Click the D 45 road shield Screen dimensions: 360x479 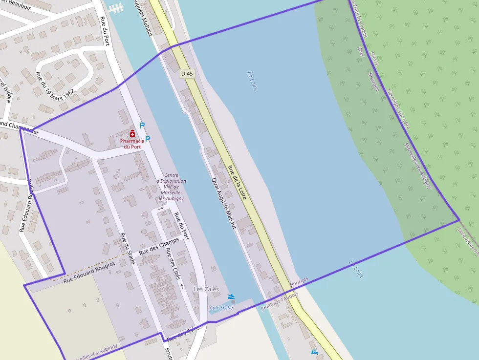[187, 74]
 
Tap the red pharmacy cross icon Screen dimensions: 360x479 [132, 133]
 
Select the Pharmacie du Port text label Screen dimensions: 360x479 [132, 144]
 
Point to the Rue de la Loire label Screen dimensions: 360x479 [237, 182]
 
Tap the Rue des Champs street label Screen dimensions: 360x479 [159, 246]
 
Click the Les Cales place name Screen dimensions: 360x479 [206, 289]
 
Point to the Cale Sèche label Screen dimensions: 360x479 [221, 308]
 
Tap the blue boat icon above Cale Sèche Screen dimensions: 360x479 [231, 296]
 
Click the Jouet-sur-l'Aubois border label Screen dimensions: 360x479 [280, 294]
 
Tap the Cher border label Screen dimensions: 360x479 [361, 51]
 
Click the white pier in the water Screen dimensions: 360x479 [116, 8]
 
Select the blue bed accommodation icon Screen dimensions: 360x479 [314, 353]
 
